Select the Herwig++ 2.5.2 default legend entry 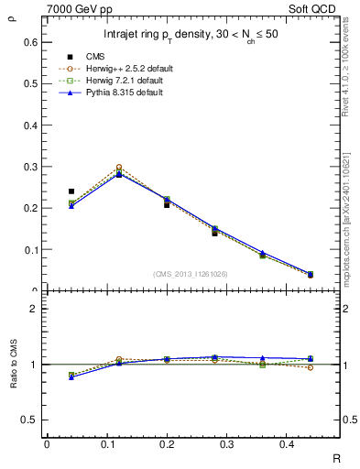click(x=119, y=69)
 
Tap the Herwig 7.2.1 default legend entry click(x=116, y=81)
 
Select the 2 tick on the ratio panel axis click(x=32, y=309)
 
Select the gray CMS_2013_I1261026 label click(x=190, y=274)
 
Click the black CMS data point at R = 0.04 click(x=71, y=191)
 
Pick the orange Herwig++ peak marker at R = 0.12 click(x=119, y=168)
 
